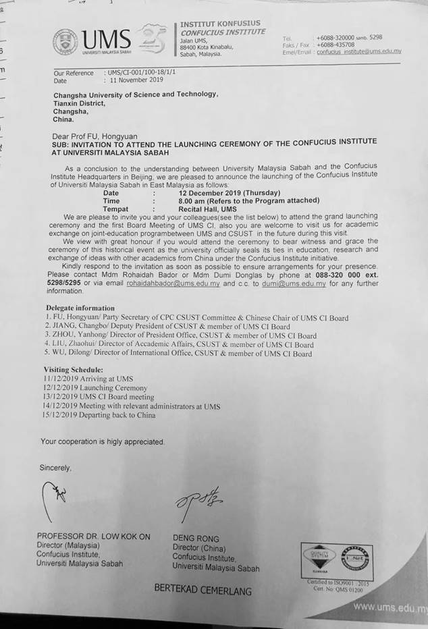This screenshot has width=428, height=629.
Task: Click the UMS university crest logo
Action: (65, 41)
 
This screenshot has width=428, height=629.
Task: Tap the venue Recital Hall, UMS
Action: (203, 209)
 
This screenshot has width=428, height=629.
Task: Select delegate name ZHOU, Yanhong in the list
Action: (70, 335)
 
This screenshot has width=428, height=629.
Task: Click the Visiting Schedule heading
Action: (74, 370)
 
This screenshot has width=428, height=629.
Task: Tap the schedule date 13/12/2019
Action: (61, 398)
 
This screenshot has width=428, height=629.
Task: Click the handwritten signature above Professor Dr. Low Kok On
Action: (59, 495)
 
